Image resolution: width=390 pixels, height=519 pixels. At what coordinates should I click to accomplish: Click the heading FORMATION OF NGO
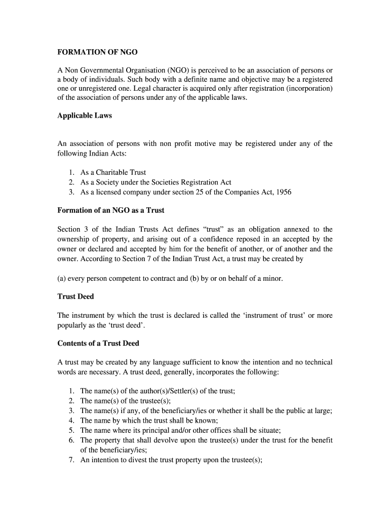[97, 52]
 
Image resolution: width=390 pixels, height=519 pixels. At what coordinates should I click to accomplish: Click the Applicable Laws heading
[85, 116]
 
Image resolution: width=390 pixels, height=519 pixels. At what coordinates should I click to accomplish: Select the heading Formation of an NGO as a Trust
[111, 210]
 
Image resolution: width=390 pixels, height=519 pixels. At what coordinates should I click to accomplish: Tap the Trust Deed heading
[75, 296]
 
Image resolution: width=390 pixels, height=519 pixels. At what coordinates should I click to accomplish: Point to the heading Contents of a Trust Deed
[98, 343]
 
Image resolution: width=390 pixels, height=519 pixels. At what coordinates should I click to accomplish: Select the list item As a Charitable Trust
[113, 172]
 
